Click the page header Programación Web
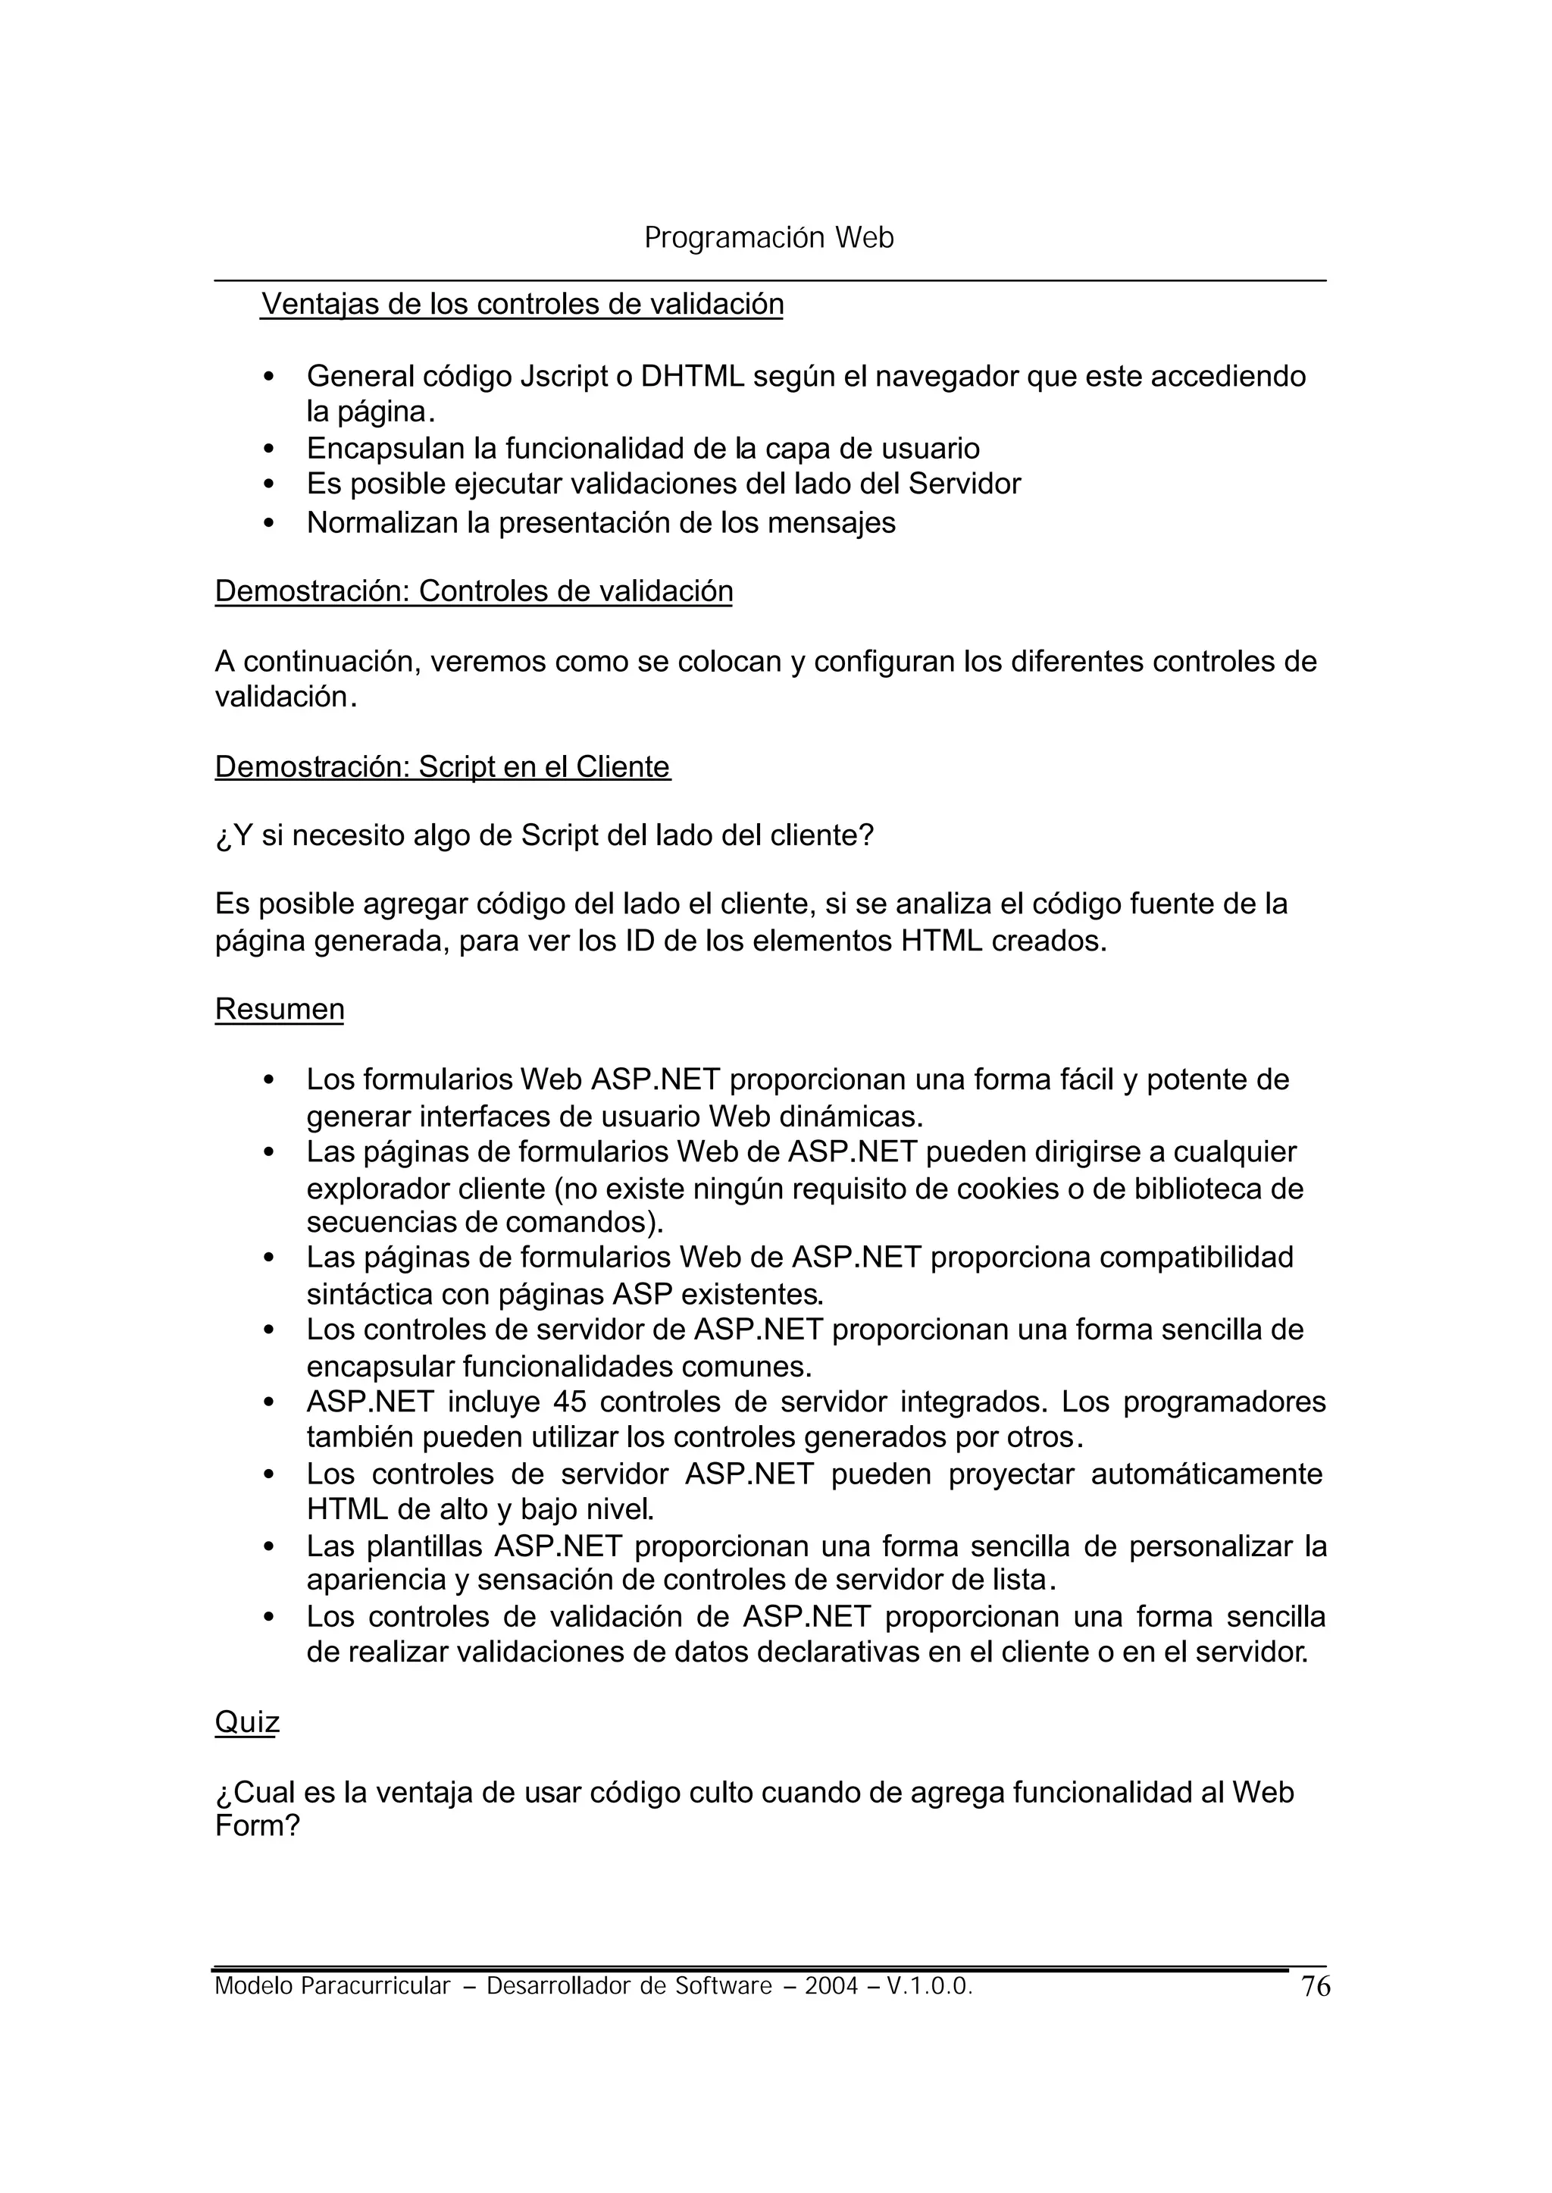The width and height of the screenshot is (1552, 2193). pos(768,238)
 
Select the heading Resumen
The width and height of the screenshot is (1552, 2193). pos(279,1010)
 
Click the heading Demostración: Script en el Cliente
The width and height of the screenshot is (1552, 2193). pos(443,766)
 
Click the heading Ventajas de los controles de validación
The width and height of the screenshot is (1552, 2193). pos(522,304)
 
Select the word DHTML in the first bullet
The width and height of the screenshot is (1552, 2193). pos(692,377)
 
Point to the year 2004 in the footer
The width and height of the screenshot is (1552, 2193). pos(831,1987)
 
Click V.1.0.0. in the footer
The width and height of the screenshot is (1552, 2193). pos(929,1987)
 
